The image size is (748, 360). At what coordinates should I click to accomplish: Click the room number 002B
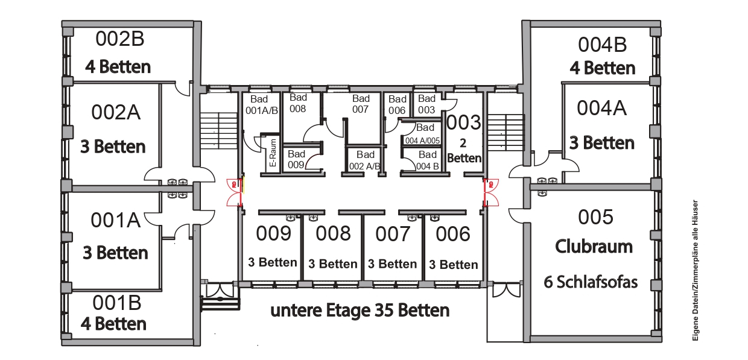coord(120,39)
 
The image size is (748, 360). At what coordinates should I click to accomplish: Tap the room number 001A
coord(116,220)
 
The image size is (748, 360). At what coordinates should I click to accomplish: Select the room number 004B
coord(603,45)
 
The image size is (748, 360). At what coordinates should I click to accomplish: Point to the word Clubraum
coord(594,247)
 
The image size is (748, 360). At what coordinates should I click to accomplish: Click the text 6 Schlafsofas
coord(591,282)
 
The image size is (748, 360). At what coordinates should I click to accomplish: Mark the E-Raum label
coord(273,153)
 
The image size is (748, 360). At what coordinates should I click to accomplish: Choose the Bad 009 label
coord(296,159)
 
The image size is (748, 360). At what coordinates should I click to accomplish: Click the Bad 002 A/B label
coord(365,160)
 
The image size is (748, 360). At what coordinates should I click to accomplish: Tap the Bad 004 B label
coord(428,160)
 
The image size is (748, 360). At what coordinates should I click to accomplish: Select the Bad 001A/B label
coord(261,105)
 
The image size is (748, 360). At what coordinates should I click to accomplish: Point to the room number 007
coord(393,234)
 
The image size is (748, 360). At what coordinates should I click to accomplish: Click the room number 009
coord(273,233)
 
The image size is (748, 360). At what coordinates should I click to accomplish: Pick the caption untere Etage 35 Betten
coord(360,310)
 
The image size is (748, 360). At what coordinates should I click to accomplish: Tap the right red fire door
coord(490,192)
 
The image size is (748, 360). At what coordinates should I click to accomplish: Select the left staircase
coord(219,131)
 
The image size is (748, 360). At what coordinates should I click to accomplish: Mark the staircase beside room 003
coord(506,133)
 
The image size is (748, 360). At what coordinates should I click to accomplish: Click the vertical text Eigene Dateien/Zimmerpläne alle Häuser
coord(696,270)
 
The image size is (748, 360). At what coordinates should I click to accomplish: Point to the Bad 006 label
coord(397,105)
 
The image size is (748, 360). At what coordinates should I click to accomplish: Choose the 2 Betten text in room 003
coord(464,151)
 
